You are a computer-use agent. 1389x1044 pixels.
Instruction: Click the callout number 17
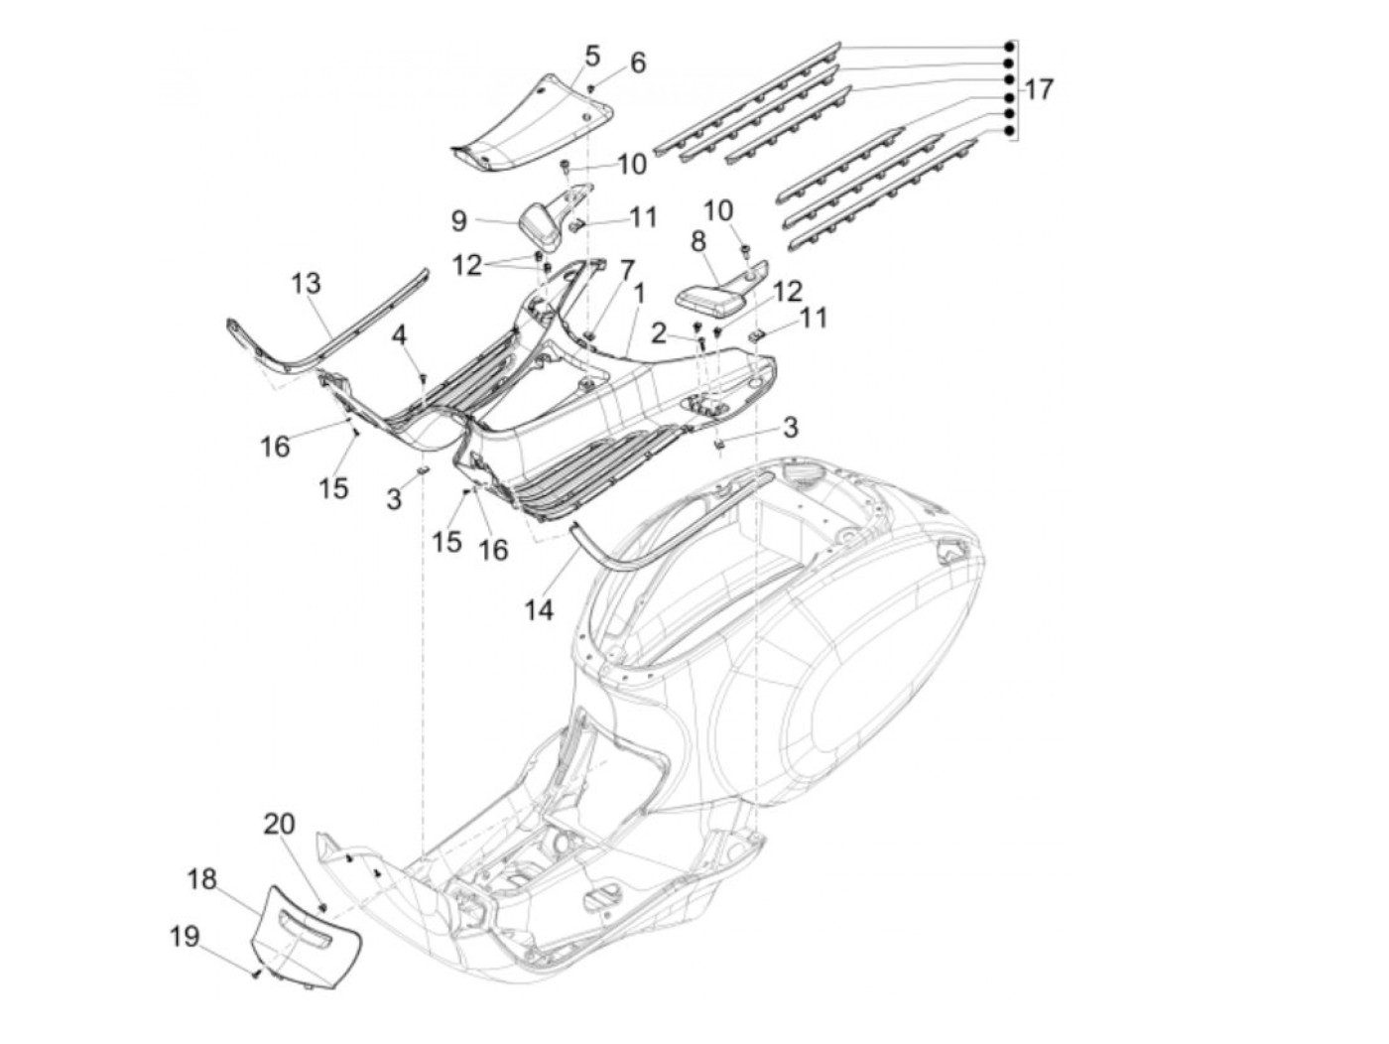coord(1038,89)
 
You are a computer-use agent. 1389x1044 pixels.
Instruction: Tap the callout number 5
coord(592,56)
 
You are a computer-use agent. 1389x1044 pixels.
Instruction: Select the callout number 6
coord(637,63)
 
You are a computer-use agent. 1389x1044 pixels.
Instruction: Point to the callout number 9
coord(458,219)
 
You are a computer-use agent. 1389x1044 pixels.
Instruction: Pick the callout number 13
coord(307,284)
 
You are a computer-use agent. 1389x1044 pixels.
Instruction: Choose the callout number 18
coord(201,879)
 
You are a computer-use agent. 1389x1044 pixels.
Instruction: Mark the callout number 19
coord(185,936)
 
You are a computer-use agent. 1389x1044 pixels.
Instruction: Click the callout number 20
coord(279,824)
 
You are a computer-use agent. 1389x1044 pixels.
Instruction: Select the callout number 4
coord(399,334)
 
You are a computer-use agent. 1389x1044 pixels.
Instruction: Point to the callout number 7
coord(626,269)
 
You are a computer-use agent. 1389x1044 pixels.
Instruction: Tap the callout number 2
coord(659,333)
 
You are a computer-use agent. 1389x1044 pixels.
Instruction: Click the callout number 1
coord(640,294)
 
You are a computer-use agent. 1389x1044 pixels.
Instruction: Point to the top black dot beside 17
coord(1008,48)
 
